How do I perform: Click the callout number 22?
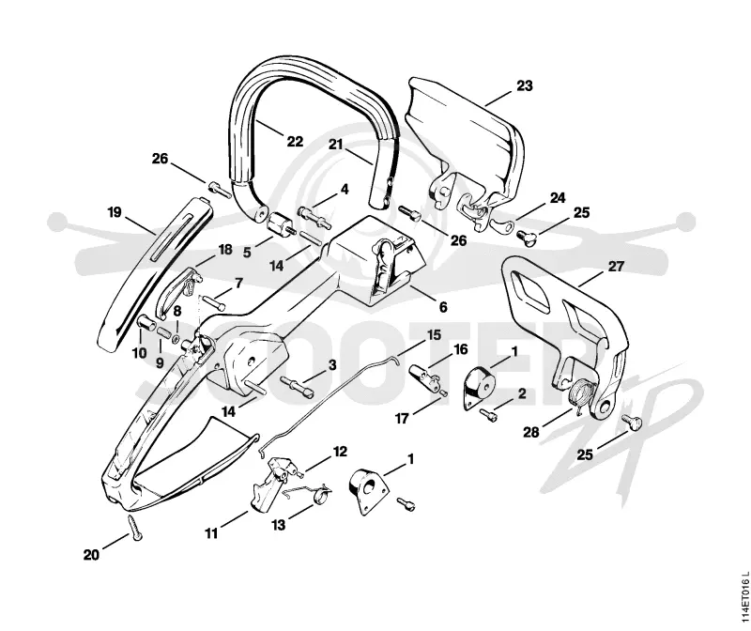295,142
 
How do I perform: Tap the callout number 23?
525,85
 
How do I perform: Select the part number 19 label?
115,212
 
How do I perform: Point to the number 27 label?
616,267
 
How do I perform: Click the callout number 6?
443,307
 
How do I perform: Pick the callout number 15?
434,334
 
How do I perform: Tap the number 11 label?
211,533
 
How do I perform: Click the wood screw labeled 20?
134,529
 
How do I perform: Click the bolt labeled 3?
297,386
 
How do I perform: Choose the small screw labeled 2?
489,415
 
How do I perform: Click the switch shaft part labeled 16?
425,377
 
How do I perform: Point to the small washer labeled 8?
176,339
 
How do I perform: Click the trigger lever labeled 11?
268,486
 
